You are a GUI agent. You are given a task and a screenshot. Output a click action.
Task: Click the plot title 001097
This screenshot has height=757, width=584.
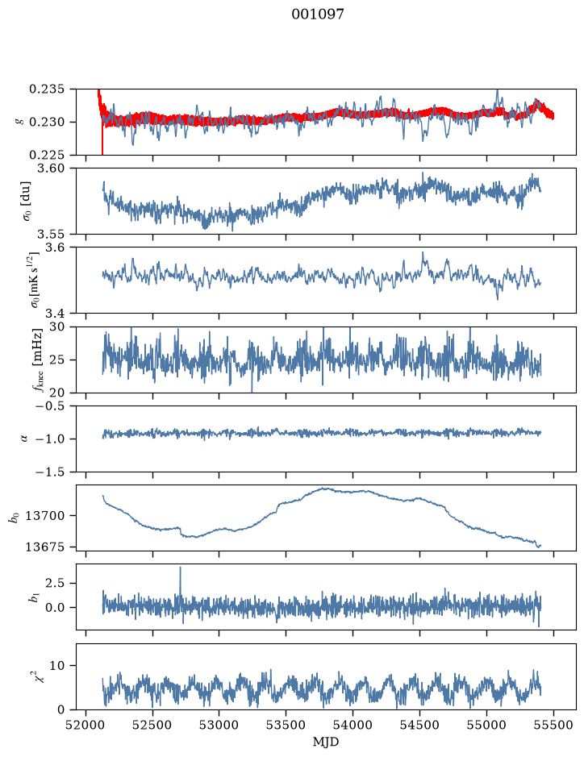coord(317,15)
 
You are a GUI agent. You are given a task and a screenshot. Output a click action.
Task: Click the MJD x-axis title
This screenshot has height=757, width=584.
coord(326,741)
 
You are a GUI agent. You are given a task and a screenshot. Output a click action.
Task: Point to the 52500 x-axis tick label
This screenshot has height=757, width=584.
coord(152,725)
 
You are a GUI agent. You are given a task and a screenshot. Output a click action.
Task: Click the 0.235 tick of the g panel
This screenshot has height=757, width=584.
coord(46,89)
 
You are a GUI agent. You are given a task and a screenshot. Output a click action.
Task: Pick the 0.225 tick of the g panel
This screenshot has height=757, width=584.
coord(46,155)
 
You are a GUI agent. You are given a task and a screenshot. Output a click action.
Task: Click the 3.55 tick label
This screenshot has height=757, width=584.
coord(50,234)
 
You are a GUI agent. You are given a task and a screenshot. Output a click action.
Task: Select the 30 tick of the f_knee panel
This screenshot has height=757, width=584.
coord(56,327)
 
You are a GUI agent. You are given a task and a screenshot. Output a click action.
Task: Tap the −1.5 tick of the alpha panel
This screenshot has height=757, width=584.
coord(50,472)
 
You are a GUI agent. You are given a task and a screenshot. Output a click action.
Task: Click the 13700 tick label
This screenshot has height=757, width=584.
coord(44,516)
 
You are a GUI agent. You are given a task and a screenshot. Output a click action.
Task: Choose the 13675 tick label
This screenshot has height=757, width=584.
coord(44,547)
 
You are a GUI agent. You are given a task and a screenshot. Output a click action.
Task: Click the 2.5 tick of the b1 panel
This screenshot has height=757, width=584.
coord(55,583)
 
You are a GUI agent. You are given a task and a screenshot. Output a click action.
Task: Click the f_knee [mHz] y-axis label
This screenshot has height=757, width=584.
coord(37,360)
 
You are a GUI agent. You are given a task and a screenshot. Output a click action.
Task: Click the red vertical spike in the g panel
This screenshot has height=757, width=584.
coord(102,138)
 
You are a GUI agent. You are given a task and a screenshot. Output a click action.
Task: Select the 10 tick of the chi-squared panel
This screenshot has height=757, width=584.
coord(56,666)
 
